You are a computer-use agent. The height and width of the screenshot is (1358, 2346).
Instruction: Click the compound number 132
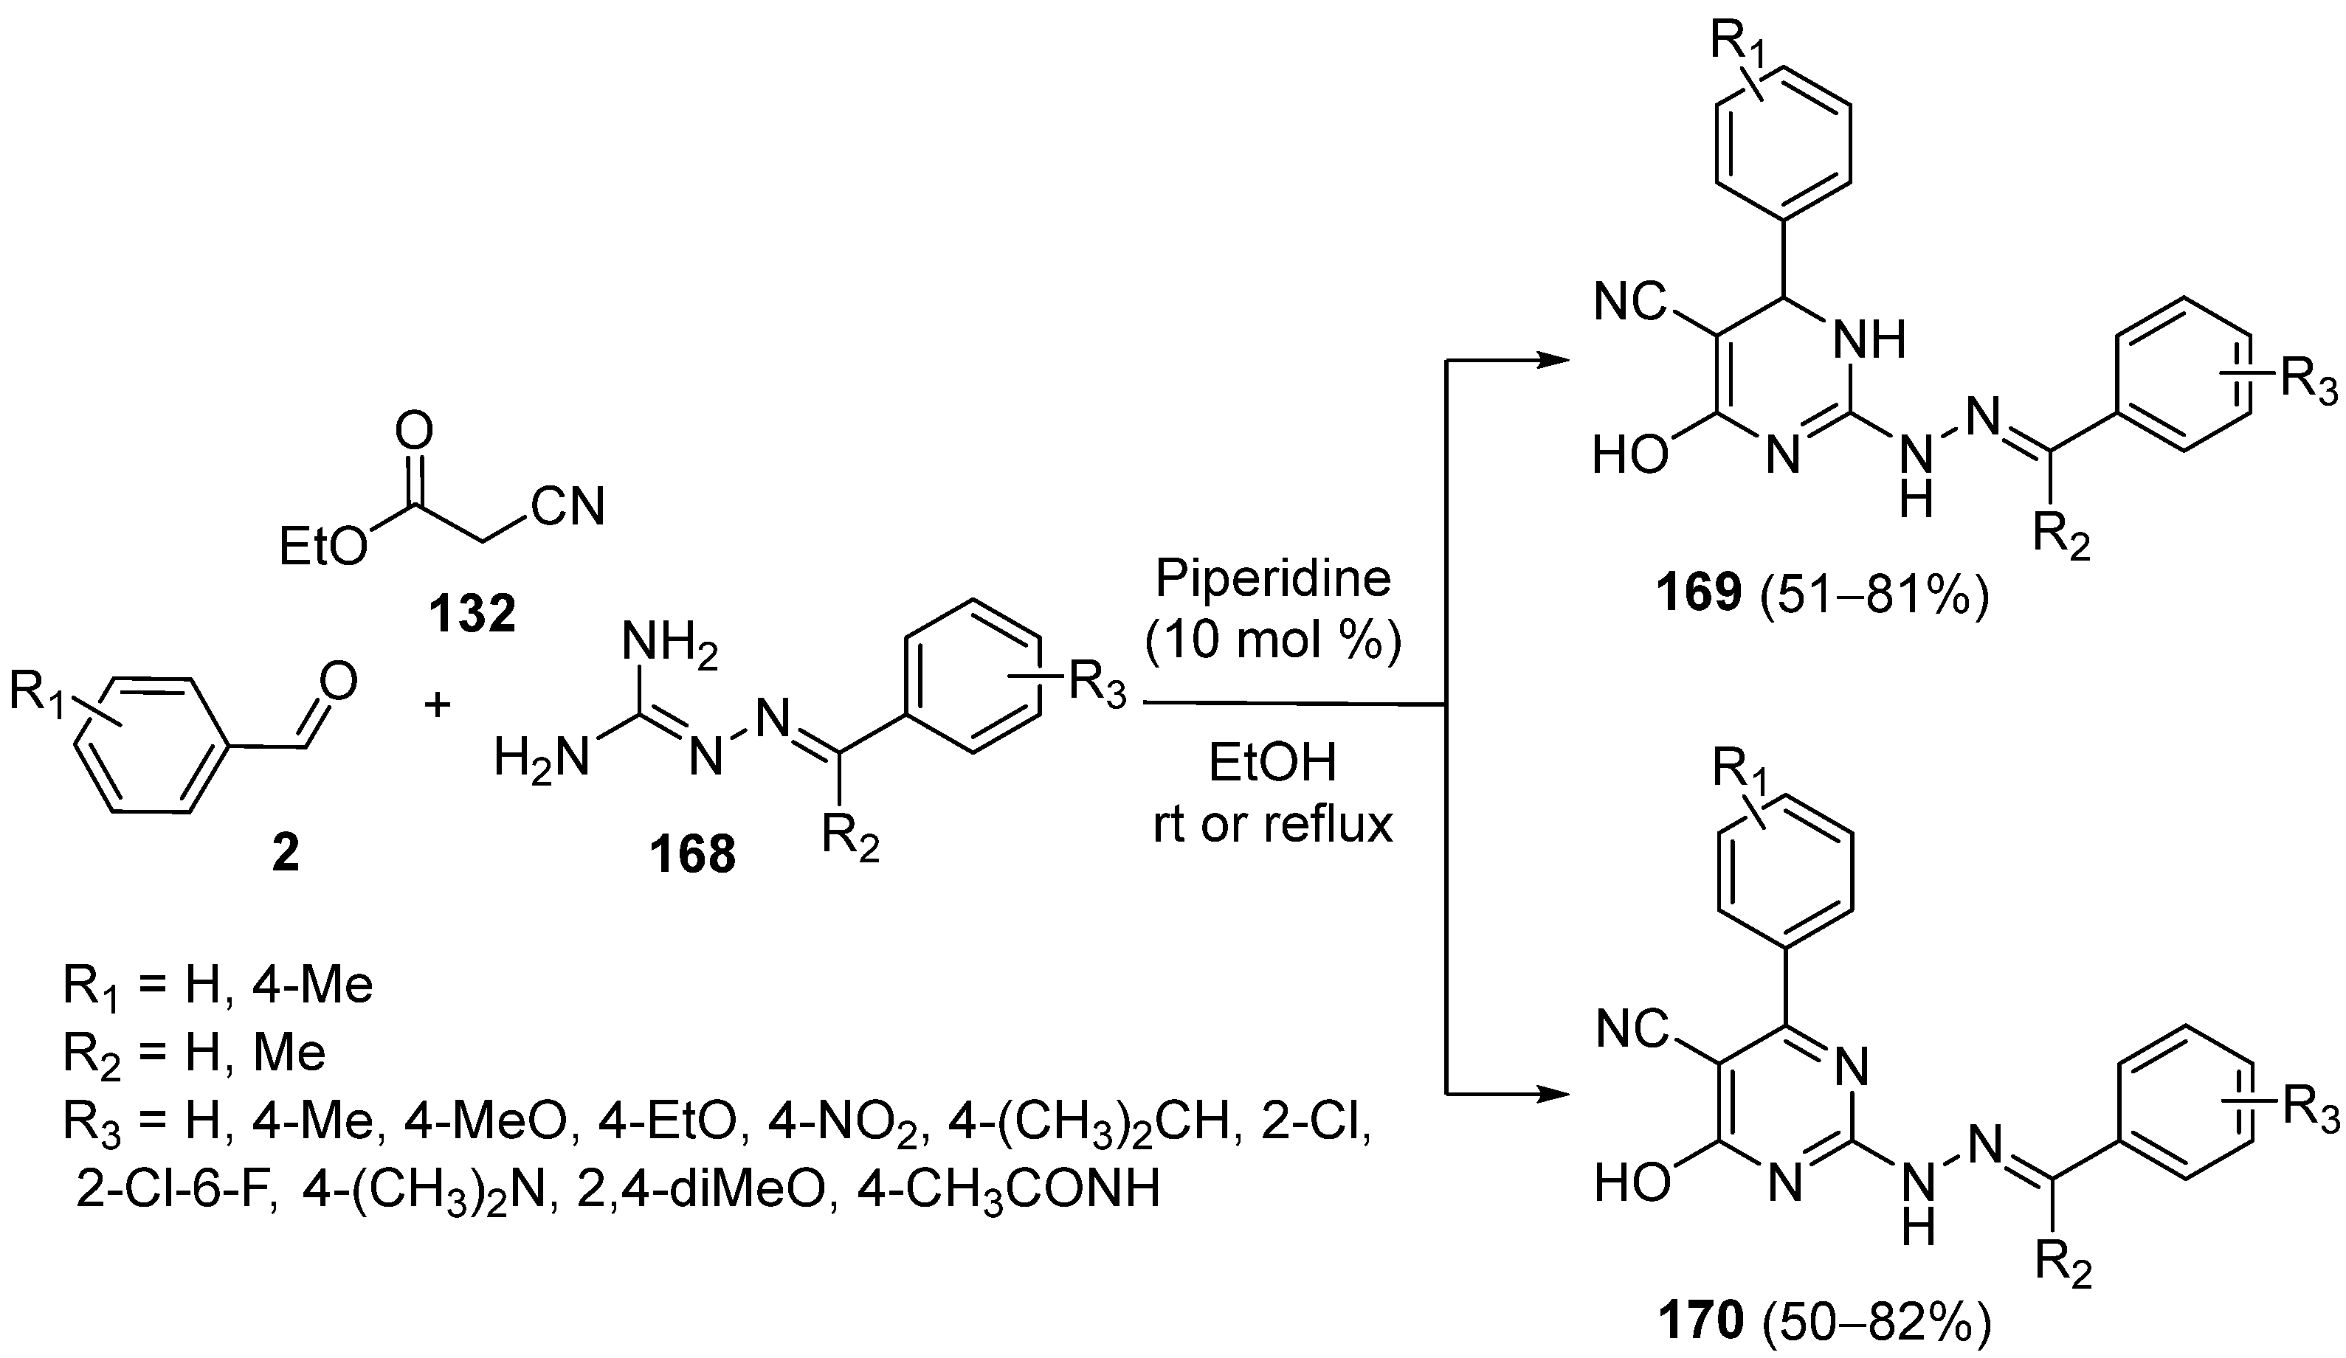(472, 614)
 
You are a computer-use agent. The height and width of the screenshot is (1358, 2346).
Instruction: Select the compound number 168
(693, 853)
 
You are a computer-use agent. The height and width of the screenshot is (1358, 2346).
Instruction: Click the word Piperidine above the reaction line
(1272, 579)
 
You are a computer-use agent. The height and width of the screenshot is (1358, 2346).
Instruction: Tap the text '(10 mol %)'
(1272, 640)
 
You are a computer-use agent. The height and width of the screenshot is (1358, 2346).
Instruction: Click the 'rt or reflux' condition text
(1272, 825)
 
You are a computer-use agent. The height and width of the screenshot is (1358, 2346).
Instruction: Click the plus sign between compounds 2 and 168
(437, 704)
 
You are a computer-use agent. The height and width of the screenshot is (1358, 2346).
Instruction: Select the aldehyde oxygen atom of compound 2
(337, 682)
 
